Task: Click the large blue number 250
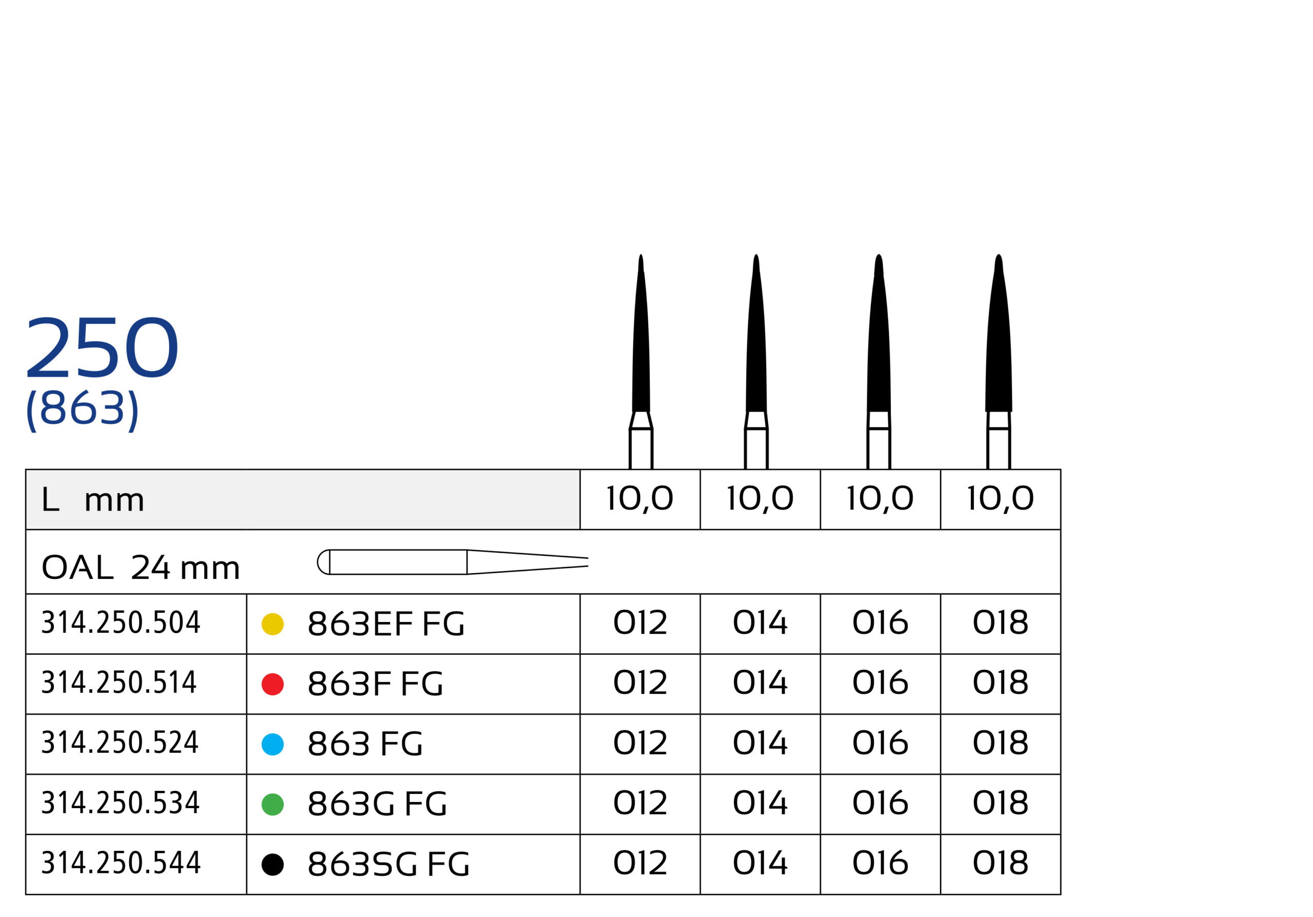click(x=102, y=348)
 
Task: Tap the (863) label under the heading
click(x=83, y=409)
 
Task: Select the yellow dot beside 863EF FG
click(x=273, y=624)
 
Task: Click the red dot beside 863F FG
click(x=273, y=684)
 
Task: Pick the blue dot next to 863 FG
click(x=273, y=744)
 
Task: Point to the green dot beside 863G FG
click(x=273, y=804)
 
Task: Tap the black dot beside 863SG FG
click(x=273, y=864)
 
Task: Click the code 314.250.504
click(x=121, y=623)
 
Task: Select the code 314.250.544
click(x=121, y=863)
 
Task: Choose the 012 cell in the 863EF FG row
click(x=640, y=623)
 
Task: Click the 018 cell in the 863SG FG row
click(x=1000, y=863)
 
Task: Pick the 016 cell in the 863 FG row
click(x=880, y=743)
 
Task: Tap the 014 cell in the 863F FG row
click(x=760, y=683)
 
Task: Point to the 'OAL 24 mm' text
click(x=141, y=568)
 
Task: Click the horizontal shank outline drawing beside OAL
click(x=452, y=562)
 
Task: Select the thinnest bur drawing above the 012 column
click(x=641, y=355)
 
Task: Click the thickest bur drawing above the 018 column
click(x=999, y=355)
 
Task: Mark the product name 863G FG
click(x=377, y=804)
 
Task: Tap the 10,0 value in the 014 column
click(x=760, y=499)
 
